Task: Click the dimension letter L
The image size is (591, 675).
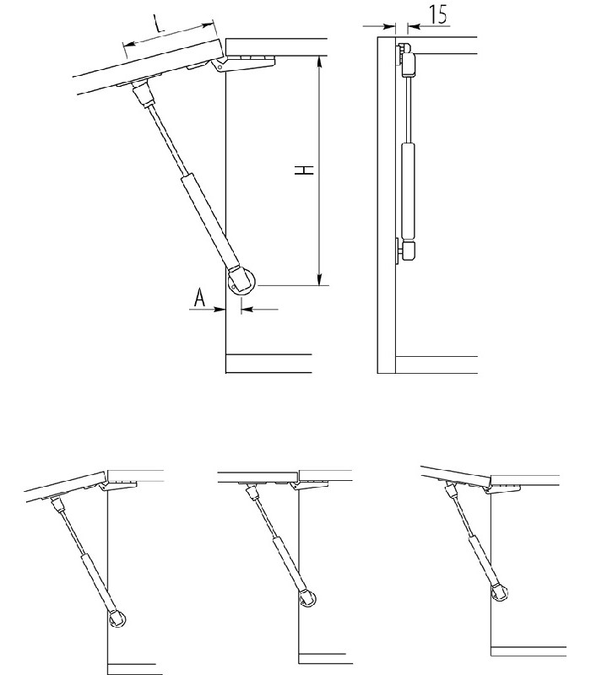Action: pos(160,24)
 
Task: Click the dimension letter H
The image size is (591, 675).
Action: pos(304,170)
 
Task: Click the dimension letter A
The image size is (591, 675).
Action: pos(199,298)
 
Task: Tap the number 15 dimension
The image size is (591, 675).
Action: pos(438,14)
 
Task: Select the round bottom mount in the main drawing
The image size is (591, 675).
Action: pos(241,283)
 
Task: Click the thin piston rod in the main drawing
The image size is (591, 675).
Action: pos(168,140)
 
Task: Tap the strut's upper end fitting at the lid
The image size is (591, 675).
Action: pos(143,93)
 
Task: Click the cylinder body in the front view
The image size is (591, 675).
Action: pos(408,192)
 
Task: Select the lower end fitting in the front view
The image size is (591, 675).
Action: pos(407,250)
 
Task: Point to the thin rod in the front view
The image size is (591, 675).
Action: pos(408,111)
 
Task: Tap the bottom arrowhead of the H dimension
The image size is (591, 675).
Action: pos(319,280)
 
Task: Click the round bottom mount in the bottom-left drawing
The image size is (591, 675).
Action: pos(117,619)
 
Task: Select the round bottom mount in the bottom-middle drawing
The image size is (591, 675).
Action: pos(307,599)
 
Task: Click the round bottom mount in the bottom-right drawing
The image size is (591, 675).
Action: pos(500,592)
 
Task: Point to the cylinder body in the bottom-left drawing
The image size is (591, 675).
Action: pos(98,583)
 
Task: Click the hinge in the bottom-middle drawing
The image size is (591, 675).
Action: pos(309,485)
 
